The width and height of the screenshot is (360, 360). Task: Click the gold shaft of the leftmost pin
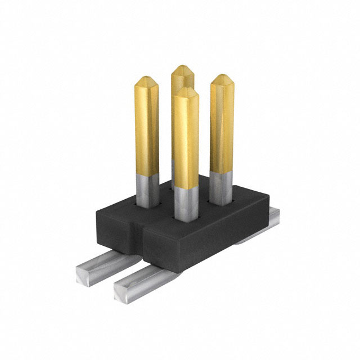pyautogui.click(x=146, y=129)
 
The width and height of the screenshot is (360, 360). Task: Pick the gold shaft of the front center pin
pyautogui.click(x=186, y=141)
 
